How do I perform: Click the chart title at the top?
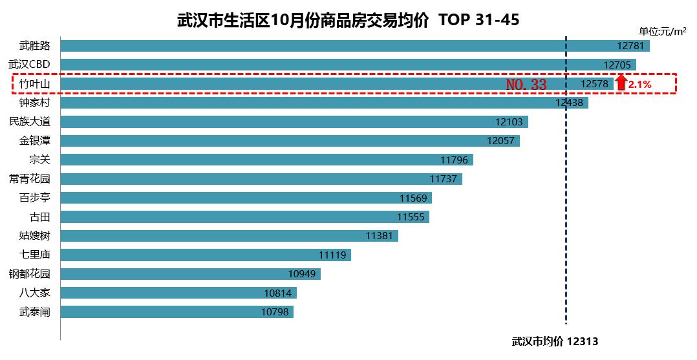click(x=348, y=20)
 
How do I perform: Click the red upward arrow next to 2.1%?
click(x=621, y=82)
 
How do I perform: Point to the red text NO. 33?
click(x=526, y=84)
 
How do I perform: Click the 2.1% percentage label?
click(x=639, y=84)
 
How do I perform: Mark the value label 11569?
click(x=413, y=198)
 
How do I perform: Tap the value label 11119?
click(x=332, y=255)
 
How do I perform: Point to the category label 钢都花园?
click(x=29, y=273)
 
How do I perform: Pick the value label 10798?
click(x=275, y=312)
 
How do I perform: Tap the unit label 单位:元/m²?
click(x=662, y=31)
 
